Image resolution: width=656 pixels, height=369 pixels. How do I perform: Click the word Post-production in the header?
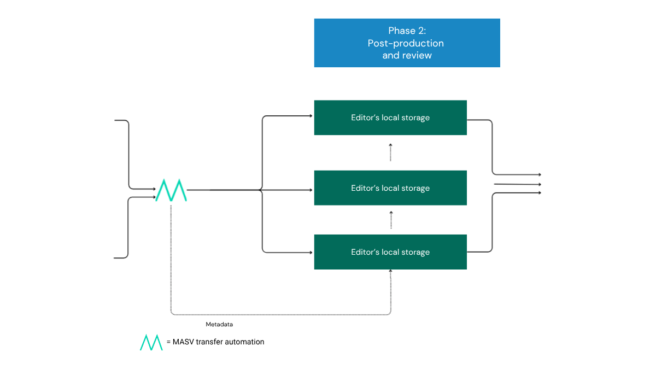pos(406,43)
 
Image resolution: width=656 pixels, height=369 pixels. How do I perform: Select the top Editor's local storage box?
pos(390,118)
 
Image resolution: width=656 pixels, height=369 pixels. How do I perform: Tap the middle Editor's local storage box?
pos(390,188)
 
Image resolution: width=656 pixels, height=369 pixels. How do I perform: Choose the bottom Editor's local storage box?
pos(390,252)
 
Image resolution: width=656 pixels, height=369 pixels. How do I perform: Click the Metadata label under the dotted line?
pos(219,324)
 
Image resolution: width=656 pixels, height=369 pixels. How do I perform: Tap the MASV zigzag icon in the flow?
pos(171,190)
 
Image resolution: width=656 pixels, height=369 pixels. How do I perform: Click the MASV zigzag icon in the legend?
pos(151,342)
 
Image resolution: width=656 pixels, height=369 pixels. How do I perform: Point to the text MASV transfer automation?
pos(218,342)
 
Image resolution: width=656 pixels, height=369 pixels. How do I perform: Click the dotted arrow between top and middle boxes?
pos(390,153)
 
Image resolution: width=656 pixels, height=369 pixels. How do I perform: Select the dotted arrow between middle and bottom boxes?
pos(390,220)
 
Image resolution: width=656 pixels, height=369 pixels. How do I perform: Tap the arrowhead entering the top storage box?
pos(310,116)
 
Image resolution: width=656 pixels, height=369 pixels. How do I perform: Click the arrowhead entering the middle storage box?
pos(310,190)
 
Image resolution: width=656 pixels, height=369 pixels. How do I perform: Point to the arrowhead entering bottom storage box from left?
pos(310,252)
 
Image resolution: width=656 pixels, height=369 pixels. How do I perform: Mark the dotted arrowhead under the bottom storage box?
pos(390,272)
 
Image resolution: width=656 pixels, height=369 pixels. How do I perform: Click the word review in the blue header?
pos(418,55)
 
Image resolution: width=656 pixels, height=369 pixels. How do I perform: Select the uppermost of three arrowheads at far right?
pos(539,174)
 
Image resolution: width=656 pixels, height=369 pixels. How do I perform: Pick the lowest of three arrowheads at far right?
pos(539,192)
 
